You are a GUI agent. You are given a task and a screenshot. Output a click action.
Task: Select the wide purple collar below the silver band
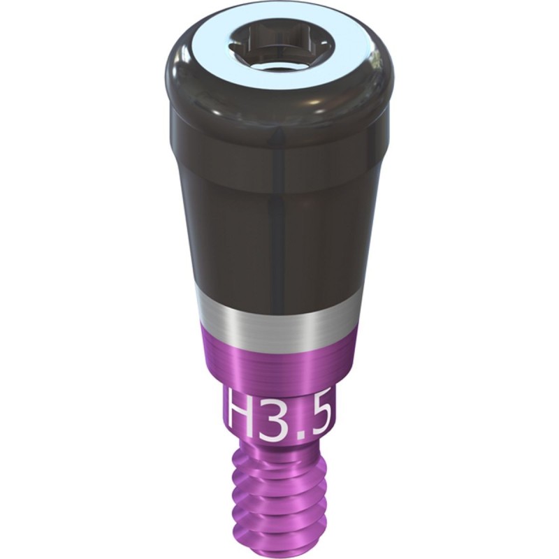coord(279,356)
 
